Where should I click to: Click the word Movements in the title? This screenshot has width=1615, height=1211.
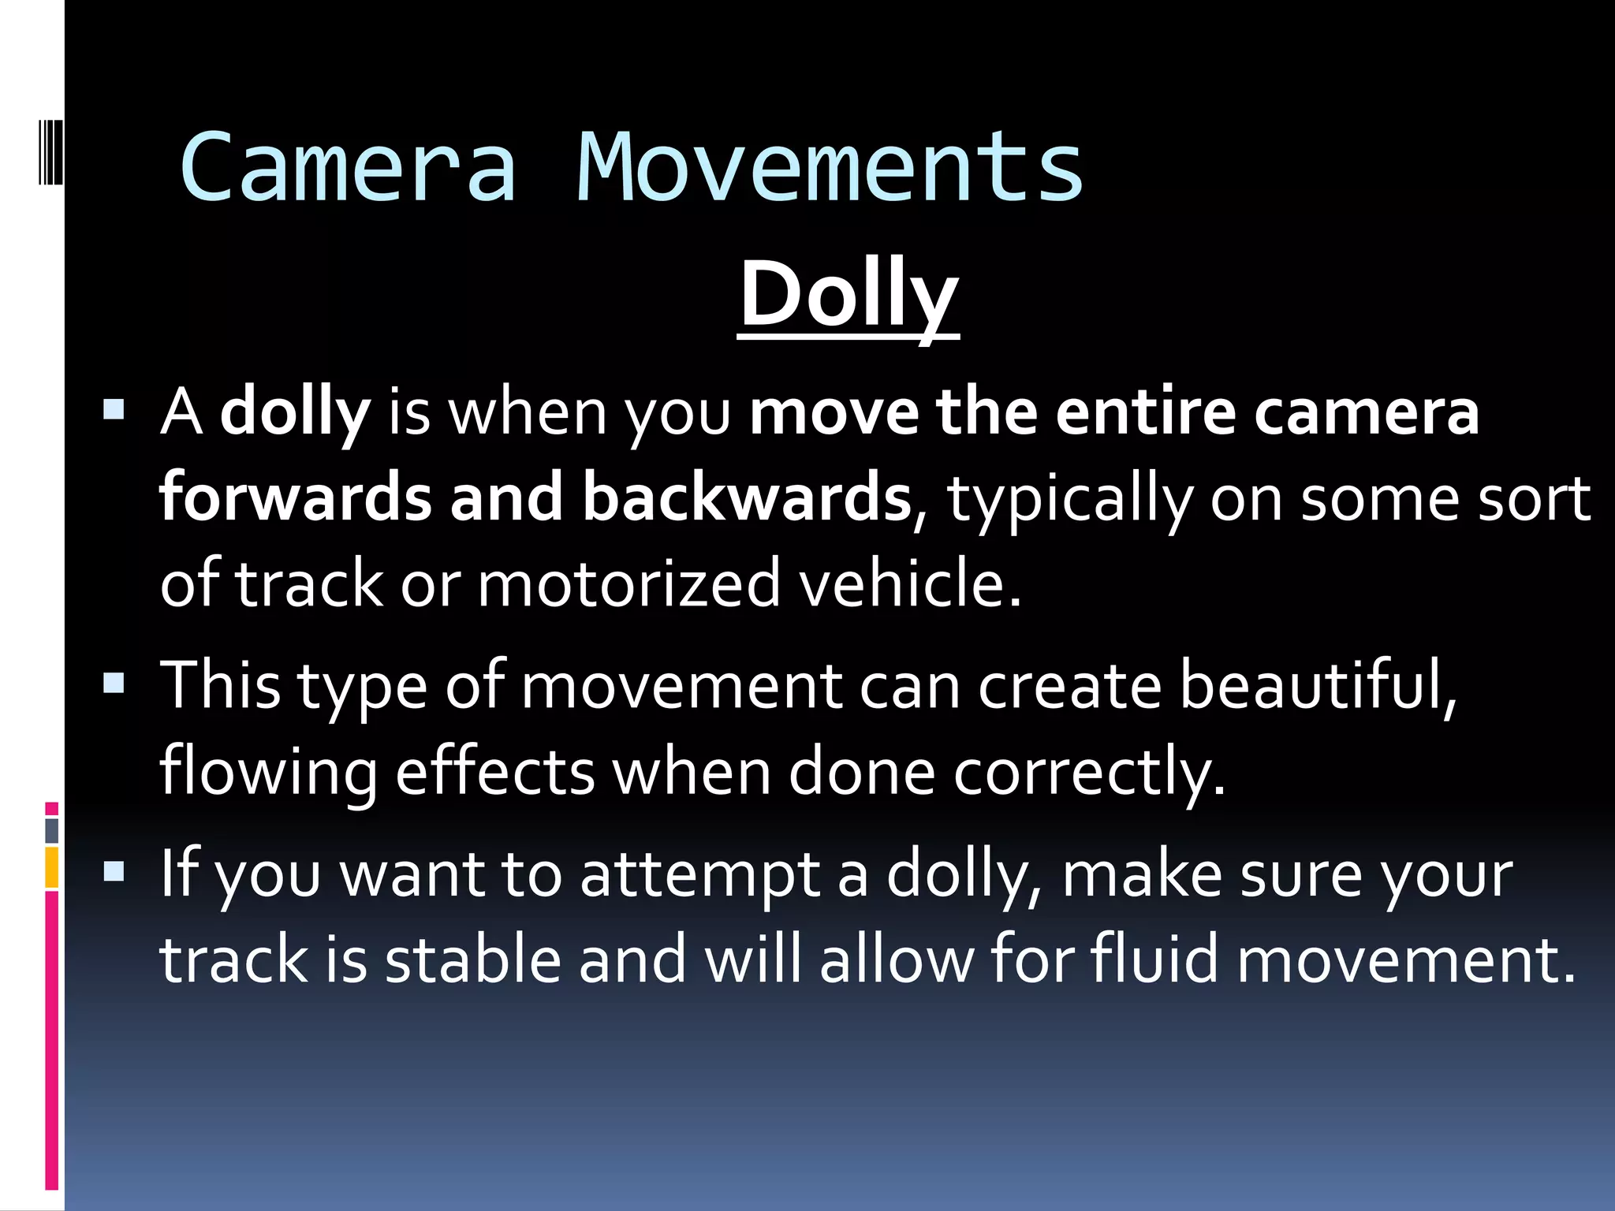pyautogui.click(x=830, y=167)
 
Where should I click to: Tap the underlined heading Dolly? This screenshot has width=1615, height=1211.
pyautogui.click(x=849, y=295)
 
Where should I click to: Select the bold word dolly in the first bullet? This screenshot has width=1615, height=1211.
pyautogui.click(x=295, y=413)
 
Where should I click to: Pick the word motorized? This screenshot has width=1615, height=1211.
pyautogui.click(x=628, y=583)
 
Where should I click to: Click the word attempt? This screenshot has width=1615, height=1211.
pyautogui.click(x=699, y=875)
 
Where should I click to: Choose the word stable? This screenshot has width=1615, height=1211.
pyautogui.click(x=473, y=960)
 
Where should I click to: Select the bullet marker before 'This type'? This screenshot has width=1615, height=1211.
pyautogui.click(x=114, y=682)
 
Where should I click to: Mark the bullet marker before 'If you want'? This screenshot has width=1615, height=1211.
pyautogui.click(x=114, y=871)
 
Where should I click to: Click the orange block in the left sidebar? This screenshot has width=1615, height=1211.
pyautogui.click(x=52, y=867)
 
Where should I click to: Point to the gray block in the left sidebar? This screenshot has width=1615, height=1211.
pyautogui.click(x=52, y=831)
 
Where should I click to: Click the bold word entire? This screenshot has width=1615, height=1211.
pyautogui.click(x=1145, y=413)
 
